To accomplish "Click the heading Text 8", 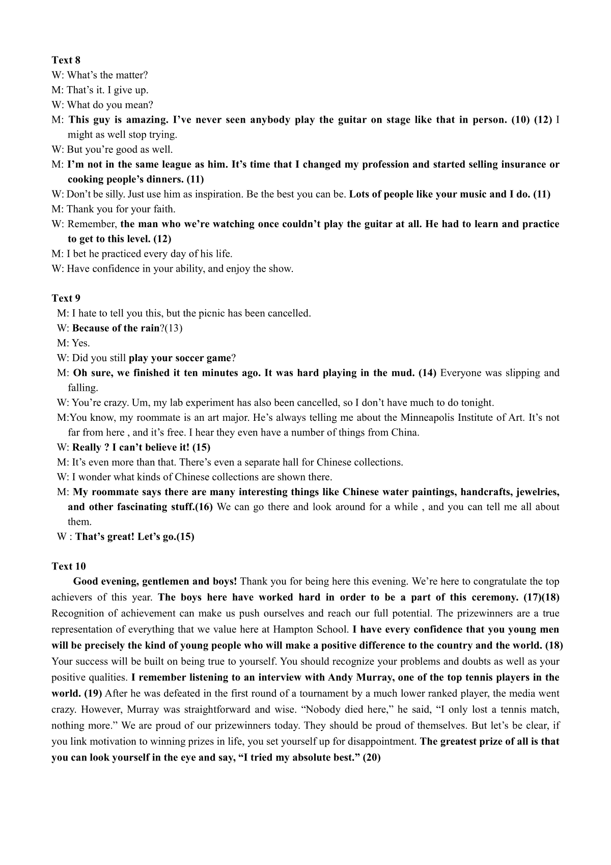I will pyautogui.click(x=66, y=60).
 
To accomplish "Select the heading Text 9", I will pyautogui.click(x=66, y=298).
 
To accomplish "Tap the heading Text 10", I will pyautogui.click(x=69, y=566).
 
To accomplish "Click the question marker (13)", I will pyautogui.click(x=174, y=328).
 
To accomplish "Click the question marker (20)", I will pyautogui.click(x=372, y=758).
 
